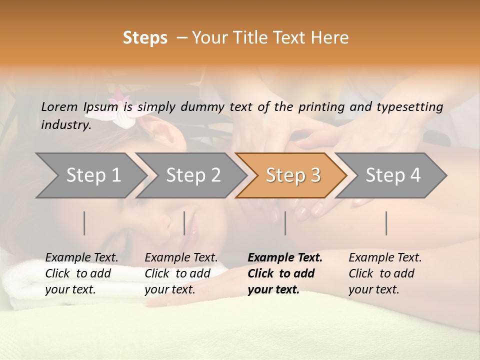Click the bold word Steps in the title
145,38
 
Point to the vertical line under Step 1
84,223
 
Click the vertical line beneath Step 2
184,223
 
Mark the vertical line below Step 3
285,223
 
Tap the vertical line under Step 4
386,223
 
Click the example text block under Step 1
81,273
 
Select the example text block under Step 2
181,273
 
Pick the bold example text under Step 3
285,273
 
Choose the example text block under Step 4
385,273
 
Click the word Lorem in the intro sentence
59,107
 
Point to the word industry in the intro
65,125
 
